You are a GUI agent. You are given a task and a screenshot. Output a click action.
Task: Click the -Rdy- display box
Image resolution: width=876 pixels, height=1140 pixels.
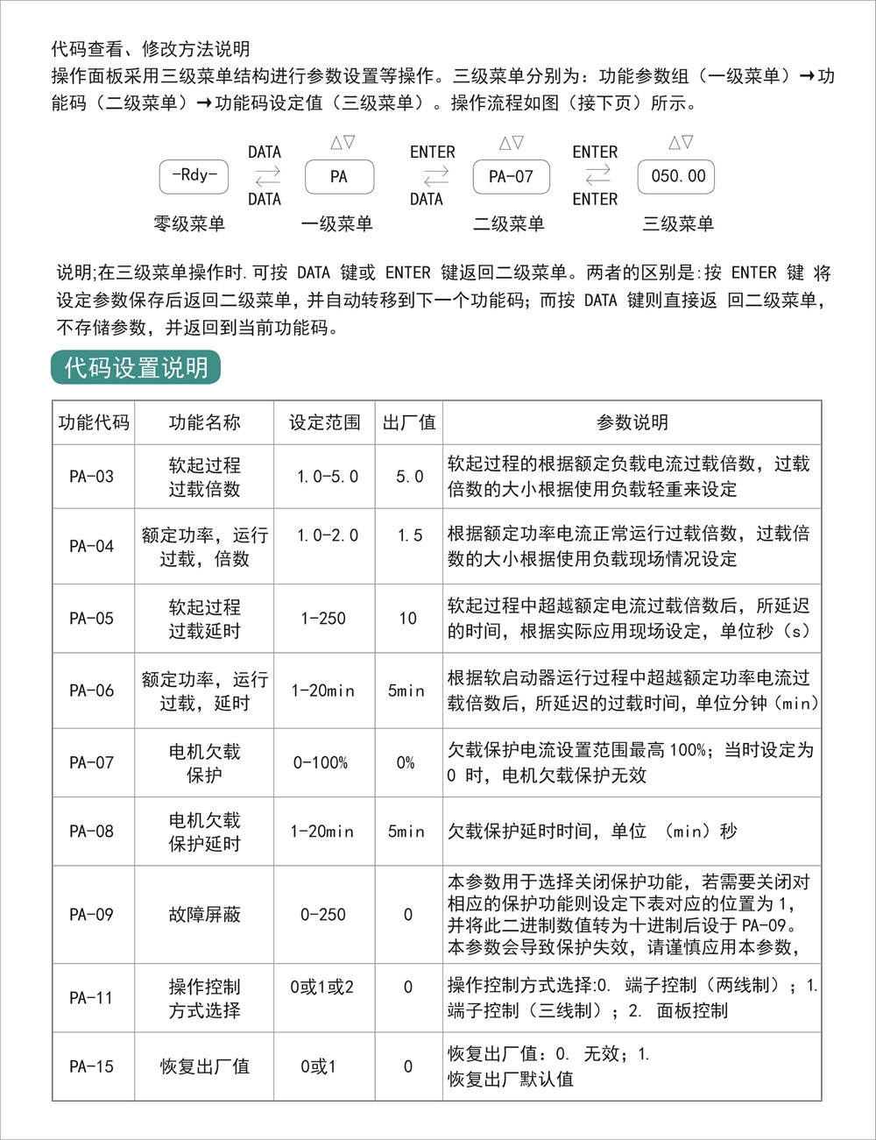point(194,176)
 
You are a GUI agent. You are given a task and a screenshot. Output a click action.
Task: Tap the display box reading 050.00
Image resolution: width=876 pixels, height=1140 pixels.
point(677,176)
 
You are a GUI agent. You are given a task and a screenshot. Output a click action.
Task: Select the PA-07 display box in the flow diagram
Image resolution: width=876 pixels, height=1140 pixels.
point(511,176)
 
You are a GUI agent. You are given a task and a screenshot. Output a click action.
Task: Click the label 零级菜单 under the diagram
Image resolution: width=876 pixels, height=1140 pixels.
point(189,224)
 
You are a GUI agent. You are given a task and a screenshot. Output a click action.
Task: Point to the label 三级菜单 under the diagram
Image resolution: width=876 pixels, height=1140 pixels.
point(678,224)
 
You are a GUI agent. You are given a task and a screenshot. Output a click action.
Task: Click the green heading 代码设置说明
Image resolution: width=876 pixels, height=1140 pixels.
point(136,367)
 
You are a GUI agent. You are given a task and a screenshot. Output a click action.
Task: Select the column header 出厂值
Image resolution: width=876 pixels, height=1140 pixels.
point(409,422)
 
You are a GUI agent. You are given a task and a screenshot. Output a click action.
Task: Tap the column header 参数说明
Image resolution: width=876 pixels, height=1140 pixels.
point(632,422)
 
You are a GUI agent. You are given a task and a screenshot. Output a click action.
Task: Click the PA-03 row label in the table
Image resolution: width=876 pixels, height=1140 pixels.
point(92,477)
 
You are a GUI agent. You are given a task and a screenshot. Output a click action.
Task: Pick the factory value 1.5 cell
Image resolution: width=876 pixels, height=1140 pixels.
point(409,535)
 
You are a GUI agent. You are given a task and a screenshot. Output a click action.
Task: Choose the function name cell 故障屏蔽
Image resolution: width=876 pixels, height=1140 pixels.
point(204,915)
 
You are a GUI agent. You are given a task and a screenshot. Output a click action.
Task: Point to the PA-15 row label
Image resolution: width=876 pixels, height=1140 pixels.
point(92,1066)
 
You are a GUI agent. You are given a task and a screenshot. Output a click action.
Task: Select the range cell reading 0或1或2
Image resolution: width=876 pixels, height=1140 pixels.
point(322,988)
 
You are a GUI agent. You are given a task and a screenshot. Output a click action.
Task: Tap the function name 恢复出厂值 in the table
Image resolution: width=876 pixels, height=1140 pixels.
point(204,1066)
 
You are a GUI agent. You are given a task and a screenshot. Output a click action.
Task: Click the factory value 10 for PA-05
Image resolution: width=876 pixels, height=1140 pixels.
point(408,619)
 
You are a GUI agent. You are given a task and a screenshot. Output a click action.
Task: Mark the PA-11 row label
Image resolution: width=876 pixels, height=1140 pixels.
point(92,997)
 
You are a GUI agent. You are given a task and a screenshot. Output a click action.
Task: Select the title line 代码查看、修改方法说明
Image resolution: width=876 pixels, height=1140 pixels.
point(151,49)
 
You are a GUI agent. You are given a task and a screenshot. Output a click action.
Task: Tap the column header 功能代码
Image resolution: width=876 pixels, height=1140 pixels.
point(94,422)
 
